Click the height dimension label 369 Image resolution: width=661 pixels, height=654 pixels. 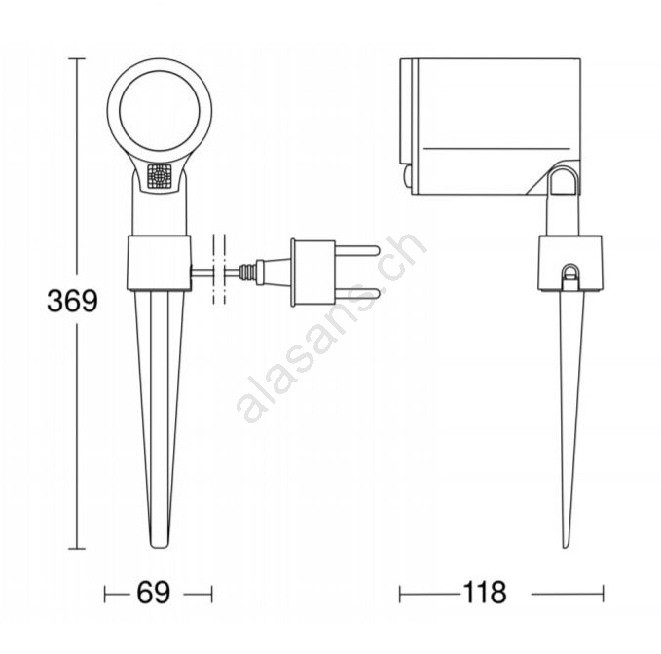pos(72,301)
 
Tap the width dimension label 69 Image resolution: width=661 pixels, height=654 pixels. pos(153,593)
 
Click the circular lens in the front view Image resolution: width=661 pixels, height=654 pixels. pos(160,111)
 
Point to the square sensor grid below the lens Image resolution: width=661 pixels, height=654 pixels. pos(160,176)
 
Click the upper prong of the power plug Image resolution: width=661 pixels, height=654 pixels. pos(357,250)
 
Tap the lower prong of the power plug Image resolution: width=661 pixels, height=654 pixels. pos(357,294)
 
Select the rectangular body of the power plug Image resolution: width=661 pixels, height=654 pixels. pos(314,272)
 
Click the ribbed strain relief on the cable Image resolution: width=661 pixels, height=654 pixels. pos(247,272)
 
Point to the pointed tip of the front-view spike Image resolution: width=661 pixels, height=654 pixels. pos(160,547)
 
